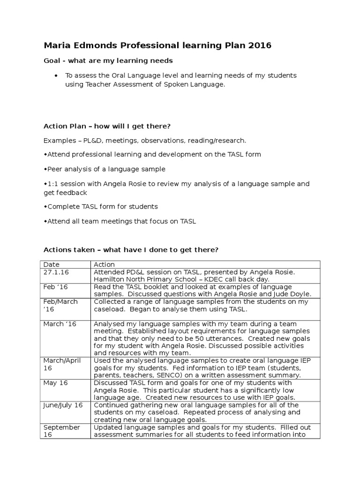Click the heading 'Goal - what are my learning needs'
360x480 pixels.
point(108,60)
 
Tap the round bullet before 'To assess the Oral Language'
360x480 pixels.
point(56,75)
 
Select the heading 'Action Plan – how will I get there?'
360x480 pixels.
point(107,127)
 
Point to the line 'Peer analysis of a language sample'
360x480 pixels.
point(105,169)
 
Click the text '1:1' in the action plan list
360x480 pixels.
point(52,184)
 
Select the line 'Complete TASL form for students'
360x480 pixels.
point(101,207)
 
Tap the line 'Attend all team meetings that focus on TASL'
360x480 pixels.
point(120,221)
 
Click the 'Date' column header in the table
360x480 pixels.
point(52,265)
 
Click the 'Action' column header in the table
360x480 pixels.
point(104,265)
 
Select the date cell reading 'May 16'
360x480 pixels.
point(56,383)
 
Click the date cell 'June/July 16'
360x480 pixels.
point(63,405)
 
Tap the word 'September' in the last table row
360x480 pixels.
point(62,427)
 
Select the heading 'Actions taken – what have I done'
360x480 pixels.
point(131,250)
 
